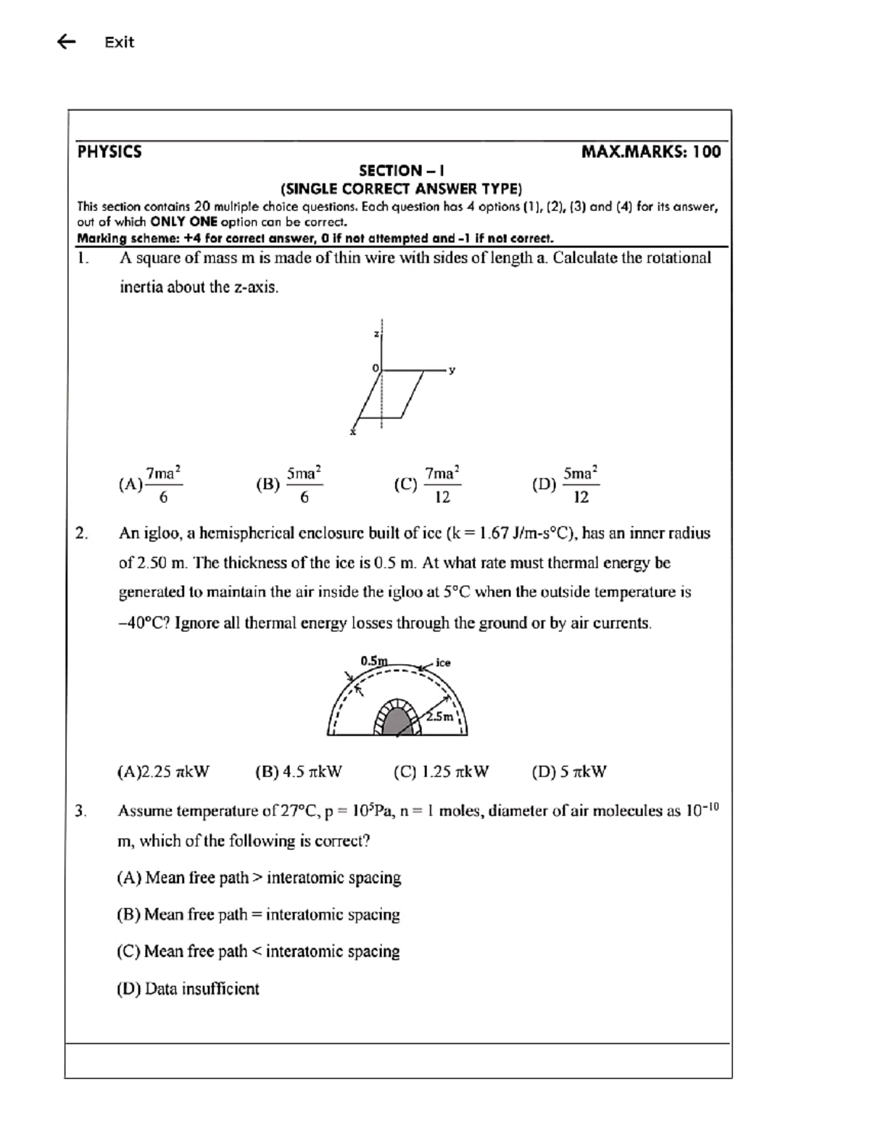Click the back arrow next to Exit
coord(66,42)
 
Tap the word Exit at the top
coord(119,42)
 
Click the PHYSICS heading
coord(109,152)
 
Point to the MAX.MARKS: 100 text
coord(650,152)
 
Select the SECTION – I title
coord(401,171)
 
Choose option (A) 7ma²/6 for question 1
coord(151,484)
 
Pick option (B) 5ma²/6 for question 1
coord(290,484)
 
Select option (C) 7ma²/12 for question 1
coord(428,484)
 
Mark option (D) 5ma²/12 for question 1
coord(566,484)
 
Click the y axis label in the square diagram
coord(452,370)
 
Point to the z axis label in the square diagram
coord(376,334)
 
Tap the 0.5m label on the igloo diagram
coord(373,661)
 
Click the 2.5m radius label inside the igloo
coord(439,716)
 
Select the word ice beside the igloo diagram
coord(443,663)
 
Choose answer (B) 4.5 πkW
coord(299,771)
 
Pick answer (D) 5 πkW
coord(569,771)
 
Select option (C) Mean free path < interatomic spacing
coord(258,951)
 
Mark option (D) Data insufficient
coord(188,989)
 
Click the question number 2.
coord(82,534)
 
